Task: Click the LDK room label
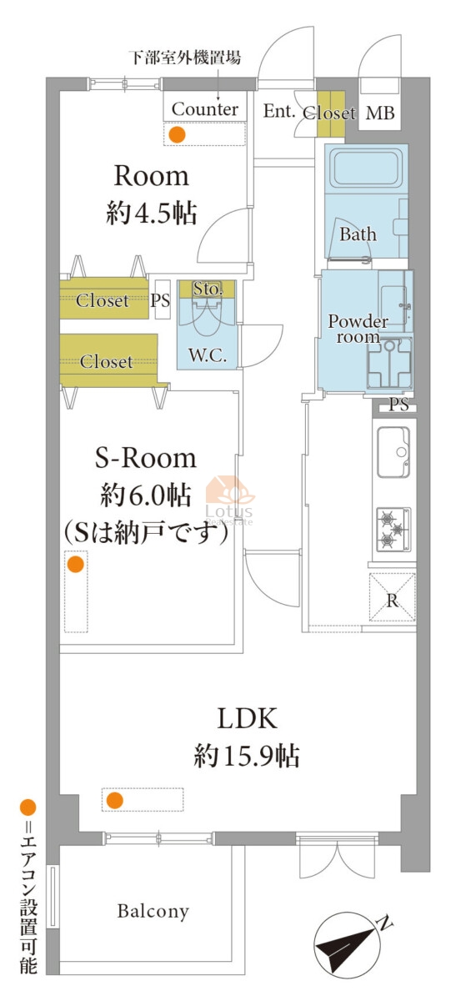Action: click(247, 718)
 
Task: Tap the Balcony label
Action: click(153, 911)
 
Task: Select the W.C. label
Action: click(208, 355)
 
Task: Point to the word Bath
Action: click(358, 234)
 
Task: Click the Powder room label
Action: click(358, 329)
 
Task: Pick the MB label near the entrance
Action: click(380, 113)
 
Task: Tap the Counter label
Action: click(205, 109)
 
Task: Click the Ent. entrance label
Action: click(278, 111)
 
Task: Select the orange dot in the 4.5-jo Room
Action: click(178, 134)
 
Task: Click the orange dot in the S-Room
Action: click(76, 565)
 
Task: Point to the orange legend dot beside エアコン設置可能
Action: click(28, 807)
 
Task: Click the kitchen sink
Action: click(393, 452)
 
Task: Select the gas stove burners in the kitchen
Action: click(393, 530)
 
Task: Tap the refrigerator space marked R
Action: click(392, 597)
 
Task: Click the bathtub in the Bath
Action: click(366, 169)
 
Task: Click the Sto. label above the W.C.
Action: click(208, 289)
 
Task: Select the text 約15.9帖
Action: click(247, 756)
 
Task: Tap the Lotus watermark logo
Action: click(229, 500)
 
